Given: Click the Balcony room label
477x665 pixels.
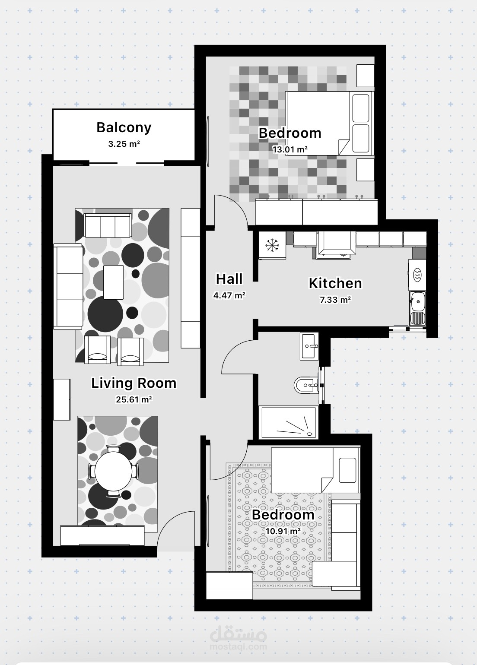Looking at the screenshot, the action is [124, 128].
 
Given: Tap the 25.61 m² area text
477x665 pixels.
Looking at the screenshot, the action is [134, 399].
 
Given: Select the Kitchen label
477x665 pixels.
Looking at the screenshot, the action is [335, 283].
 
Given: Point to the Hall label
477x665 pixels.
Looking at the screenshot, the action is [229, 279].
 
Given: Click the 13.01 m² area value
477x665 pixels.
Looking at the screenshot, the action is [290, 149].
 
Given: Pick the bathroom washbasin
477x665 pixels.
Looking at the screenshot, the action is [309, 346].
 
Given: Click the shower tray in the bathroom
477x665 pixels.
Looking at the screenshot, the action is [288, 422].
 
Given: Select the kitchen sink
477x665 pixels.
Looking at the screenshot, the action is [418, 308].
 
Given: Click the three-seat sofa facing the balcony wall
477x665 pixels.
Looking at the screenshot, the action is [108, 225].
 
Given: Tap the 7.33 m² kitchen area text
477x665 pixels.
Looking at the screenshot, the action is [335, 300].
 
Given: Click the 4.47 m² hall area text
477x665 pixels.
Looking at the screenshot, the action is [229, 295].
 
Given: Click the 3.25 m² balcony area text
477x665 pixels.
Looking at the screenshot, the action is [124, 144].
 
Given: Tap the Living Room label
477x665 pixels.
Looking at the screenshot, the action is [134, 383].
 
